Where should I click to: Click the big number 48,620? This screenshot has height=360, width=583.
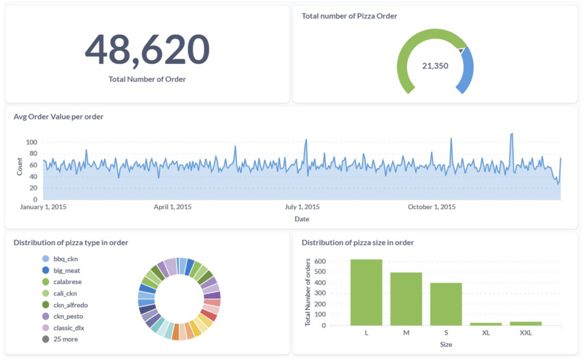147,49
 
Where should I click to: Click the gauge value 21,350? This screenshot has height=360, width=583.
435,66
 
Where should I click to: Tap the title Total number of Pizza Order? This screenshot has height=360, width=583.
349,16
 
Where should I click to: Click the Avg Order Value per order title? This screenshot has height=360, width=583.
58,117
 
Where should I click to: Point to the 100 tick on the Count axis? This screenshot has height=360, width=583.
31,142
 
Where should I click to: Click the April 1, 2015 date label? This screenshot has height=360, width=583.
173,207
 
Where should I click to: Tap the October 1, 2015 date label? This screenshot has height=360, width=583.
431,207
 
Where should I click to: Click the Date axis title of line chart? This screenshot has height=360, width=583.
302,219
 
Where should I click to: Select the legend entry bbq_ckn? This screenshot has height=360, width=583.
65,259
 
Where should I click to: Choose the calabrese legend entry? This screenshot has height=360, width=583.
67,282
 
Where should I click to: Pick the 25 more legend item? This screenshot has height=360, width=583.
65,339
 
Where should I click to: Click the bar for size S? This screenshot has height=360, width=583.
446,304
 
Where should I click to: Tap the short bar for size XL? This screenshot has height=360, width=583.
486,324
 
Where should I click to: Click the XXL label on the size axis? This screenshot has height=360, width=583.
525,333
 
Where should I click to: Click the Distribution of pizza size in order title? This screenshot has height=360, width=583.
358,243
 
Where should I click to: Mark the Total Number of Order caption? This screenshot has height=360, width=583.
147,79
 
